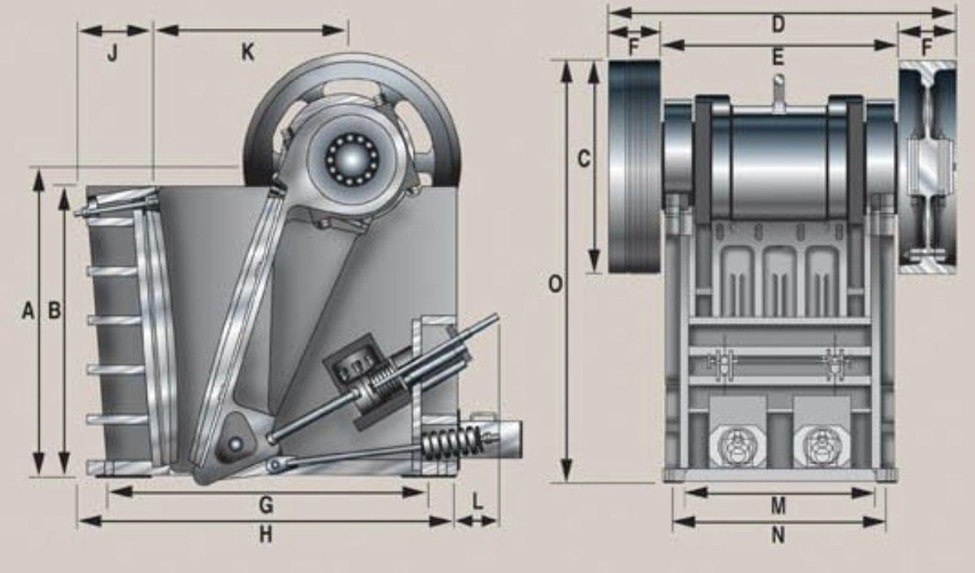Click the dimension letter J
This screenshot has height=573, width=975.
click(113, 54)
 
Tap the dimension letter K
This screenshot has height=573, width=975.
click(247, 53)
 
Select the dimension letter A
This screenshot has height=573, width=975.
click(28, 310)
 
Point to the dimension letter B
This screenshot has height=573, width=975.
click(54, 310)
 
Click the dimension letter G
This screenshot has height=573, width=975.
click(266, 506)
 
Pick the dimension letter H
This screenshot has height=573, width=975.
click(266, 535)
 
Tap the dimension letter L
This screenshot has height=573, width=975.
click(478, 501)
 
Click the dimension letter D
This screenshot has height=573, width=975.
click(778, 24)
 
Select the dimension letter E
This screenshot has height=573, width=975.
click(778, 57)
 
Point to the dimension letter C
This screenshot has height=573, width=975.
click(583, 158)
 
